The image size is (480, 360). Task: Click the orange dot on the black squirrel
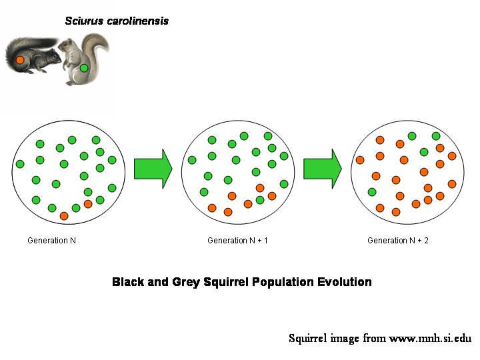click(x=20, y=60)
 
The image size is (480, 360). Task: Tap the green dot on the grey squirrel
click(x=84, y=68)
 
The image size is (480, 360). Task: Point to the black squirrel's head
click(x=55, y=57)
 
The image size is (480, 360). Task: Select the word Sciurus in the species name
click(x=84, y=21)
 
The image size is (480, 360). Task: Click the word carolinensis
click(x=138, y=21)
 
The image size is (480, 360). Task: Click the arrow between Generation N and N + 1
click(x=153, y=169)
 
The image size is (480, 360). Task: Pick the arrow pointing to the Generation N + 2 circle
click(x=323, y=169)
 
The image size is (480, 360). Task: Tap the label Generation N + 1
click(x=237, y=241)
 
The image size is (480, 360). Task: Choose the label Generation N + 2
click(x=397, y=241)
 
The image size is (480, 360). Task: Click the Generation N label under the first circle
click(x=52, y=241)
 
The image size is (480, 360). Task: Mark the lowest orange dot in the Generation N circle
click(x=64, y=216)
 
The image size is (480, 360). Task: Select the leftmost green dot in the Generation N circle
click(x=20, y=164)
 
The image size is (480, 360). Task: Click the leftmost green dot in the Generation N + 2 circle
click(x=372, y=192)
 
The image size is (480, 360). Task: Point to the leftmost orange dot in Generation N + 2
click(x=360, y=160)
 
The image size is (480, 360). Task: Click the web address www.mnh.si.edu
click(x=430, y=338)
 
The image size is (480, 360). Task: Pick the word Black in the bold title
click(x=129, y=282)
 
